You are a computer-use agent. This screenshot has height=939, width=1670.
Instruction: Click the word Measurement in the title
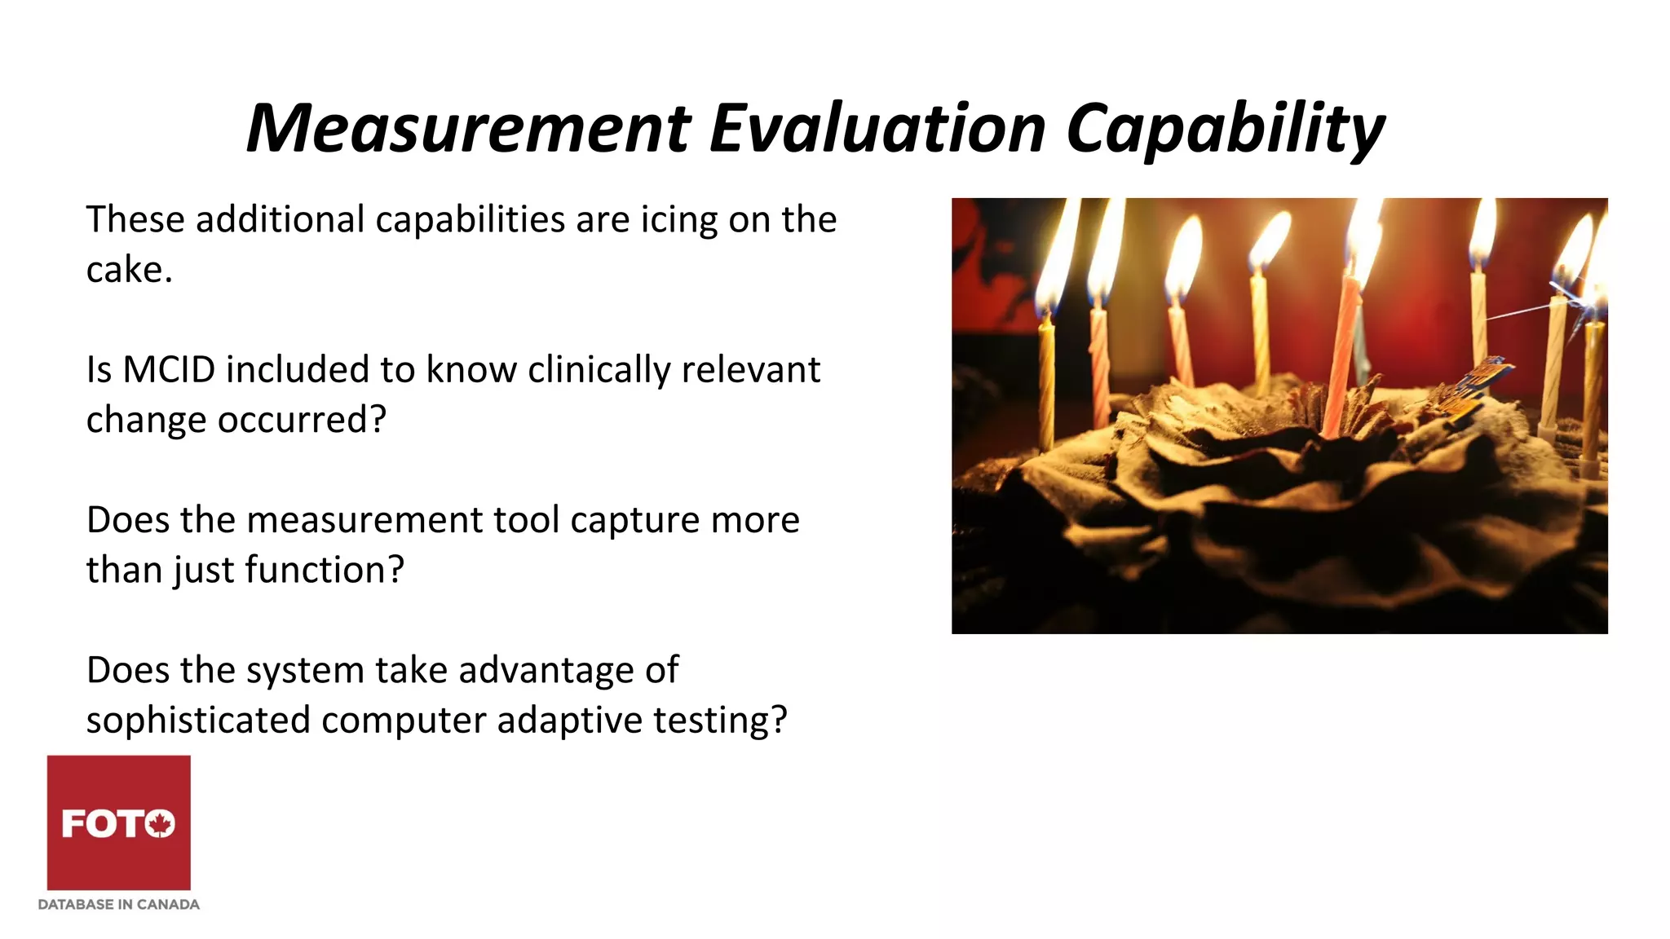click(469, 128)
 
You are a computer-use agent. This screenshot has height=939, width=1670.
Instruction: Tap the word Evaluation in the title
click(877, 128)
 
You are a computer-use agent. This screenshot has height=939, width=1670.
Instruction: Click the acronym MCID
click(169, 370)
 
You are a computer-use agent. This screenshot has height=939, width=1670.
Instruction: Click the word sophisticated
click(198, 721)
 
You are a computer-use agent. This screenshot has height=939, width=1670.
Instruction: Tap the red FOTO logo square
click(119, 822)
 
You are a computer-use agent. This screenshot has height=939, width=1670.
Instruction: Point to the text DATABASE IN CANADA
click(119, 904)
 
